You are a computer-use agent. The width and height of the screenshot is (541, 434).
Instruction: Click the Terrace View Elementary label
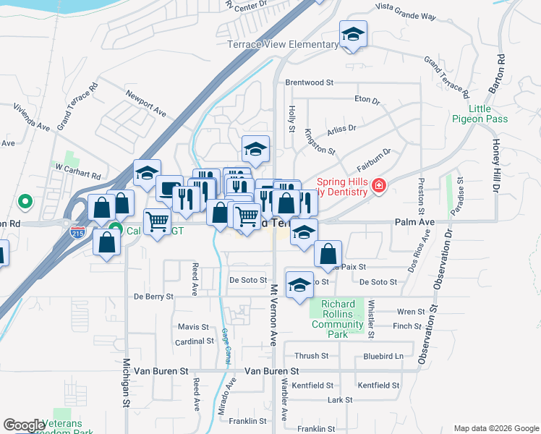(x=283, y=45)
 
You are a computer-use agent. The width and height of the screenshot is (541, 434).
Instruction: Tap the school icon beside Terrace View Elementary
(x=353, y=35)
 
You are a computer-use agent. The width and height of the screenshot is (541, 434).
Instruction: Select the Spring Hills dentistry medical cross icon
(x=378, y=187)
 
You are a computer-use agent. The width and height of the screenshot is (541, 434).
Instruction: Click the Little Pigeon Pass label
(x=488, y=114)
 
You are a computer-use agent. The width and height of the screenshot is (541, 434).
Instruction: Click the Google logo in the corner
(x=24, y=425)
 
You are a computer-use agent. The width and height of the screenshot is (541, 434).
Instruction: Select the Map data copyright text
(x=495, y=428)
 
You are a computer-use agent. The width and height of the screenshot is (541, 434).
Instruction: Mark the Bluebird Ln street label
(x=383, y=356)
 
